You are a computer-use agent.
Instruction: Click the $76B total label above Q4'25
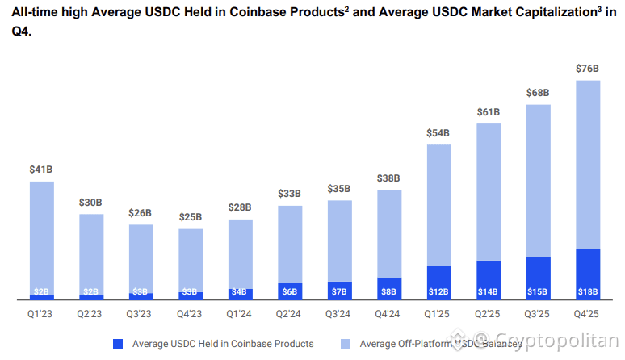click(x=587, y=69)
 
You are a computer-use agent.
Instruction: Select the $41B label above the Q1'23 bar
click(x=42, y=170)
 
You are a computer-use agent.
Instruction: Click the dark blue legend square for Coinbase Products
click(x=119, y=344)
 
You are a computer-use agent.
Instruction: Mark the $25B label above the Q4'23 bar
click(x=191, y=217)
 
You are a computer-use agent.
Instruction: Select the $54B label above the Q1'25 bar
click(x=438, y=132)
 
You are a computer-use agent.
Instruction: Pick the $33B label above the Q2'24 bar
click(x=290, y=194)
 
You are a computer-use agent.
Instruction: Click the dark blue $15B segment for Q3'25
click(x=538, y=278)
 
